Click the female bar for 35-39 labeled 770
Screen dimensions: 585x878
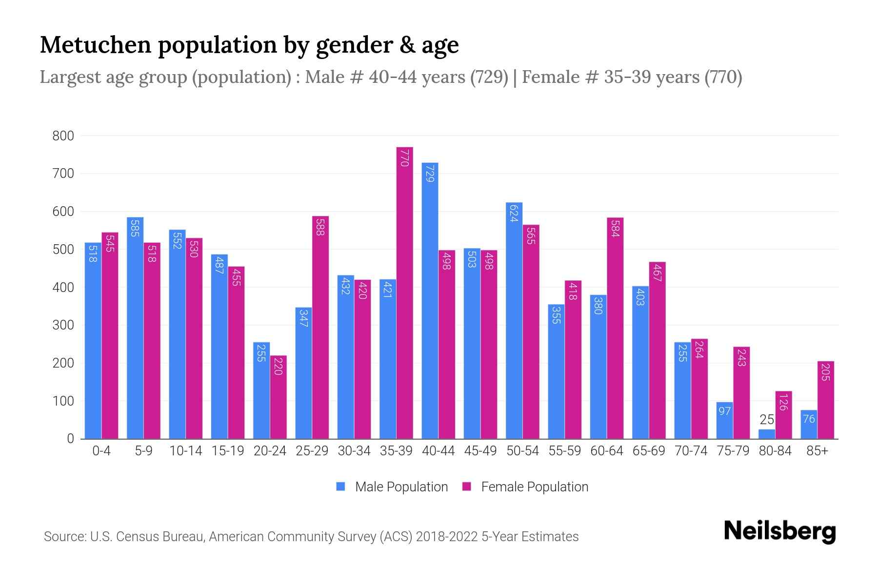[404, 292]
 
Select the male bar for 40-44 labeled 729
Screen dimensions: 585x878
[430, 300]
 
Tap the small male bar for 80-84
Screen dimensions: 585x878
[767, 433]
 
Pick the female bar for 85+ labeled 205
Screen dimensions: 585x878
[825, 400]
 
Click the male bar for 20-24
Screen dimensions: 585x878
[261, 390]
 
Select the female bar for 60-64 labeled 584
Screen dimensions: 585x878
[615, 328]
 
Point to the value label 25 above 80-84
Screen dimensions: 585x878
[767, 420]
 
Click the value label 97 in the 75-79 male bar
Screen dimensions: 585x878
[724, 411]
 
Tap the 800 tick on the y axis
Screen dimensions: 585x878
[63, 136]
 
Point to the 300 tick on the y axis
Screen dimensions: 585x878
[63, 325]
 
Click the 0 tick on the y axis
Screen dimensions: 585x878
[70, 439]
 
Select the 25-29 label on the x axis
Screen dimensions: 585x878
[312, 451]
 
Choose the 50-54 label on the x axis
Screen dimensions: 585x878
[522, 451]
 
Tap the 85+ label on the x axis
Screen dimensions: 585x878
[817, 451]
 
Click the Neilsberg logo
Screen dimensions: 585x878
[779, 531]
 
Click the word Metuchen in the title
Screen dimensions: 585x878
[96, 45]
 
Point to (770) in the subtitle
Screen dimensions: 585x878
[723, 77]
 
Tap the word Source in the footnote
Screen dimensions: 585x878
[64, 537]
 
